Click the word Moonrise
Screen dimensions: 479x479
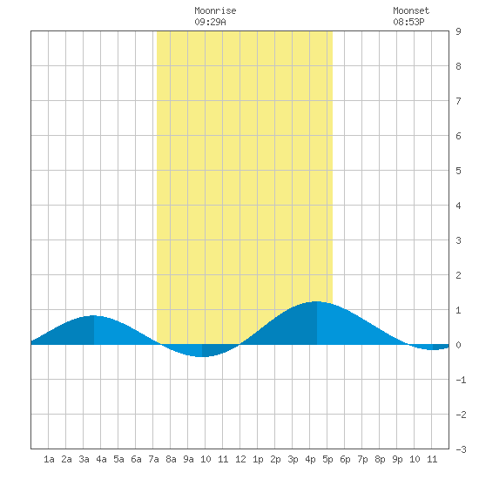pyautogui.click(x=215, y=10)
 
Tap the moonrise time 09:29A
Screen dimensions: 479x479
pyautogui.click(x=210, y=22)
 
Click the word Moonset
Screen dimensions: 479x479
pyautogui.click(x=411, y=10)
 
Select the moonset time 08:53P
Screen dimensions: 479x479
pyautogui.click(x=408, y=22)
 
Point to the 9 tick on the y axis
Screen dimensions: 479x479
pyautogui.click(x=458, y=31)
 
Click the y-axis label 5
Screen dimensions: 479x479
pyautogui.click(x=458, y=171)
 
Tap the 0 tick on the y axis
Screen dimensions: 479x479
pyautogui.click(x=458, y=345)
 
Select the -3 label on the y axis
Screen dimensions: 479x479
pyautogui.click(x=461, y=449)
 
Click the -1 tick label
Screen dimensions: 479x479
pyautogui.click(x=461, y=380)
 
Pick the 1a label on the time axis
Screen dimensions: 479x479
pyautogui.click(x=49, y=459)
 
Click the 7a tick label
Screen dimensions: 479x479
pyautogui.click(x=153, y=459)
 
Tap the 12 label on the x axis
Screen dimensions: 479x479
pyautogui.click(x=240, y=459)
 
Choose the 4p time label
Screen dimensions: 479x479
pyautogui.click(x=310, y=459)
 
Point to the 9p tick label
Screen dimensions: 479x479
pyautogui.click(x=397, y=459)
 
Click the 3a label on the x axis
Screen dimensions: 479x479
pyautogui.click(x=84, y=459)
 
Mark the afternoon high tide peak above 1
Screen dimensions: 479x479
pyautogui.click(x=316, y=302)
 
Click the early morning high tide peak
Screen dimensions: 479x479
pyautogui.click(x=93, y=316)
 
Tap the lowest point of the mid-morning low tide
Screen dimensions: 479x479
pyautogui.click(x=202, y=356)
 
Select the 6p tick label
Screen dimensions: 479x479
pyautogui.click(x=345, y=459)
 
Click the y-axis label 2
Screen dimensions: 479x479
pyautogui.click(x=458, y=275)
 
